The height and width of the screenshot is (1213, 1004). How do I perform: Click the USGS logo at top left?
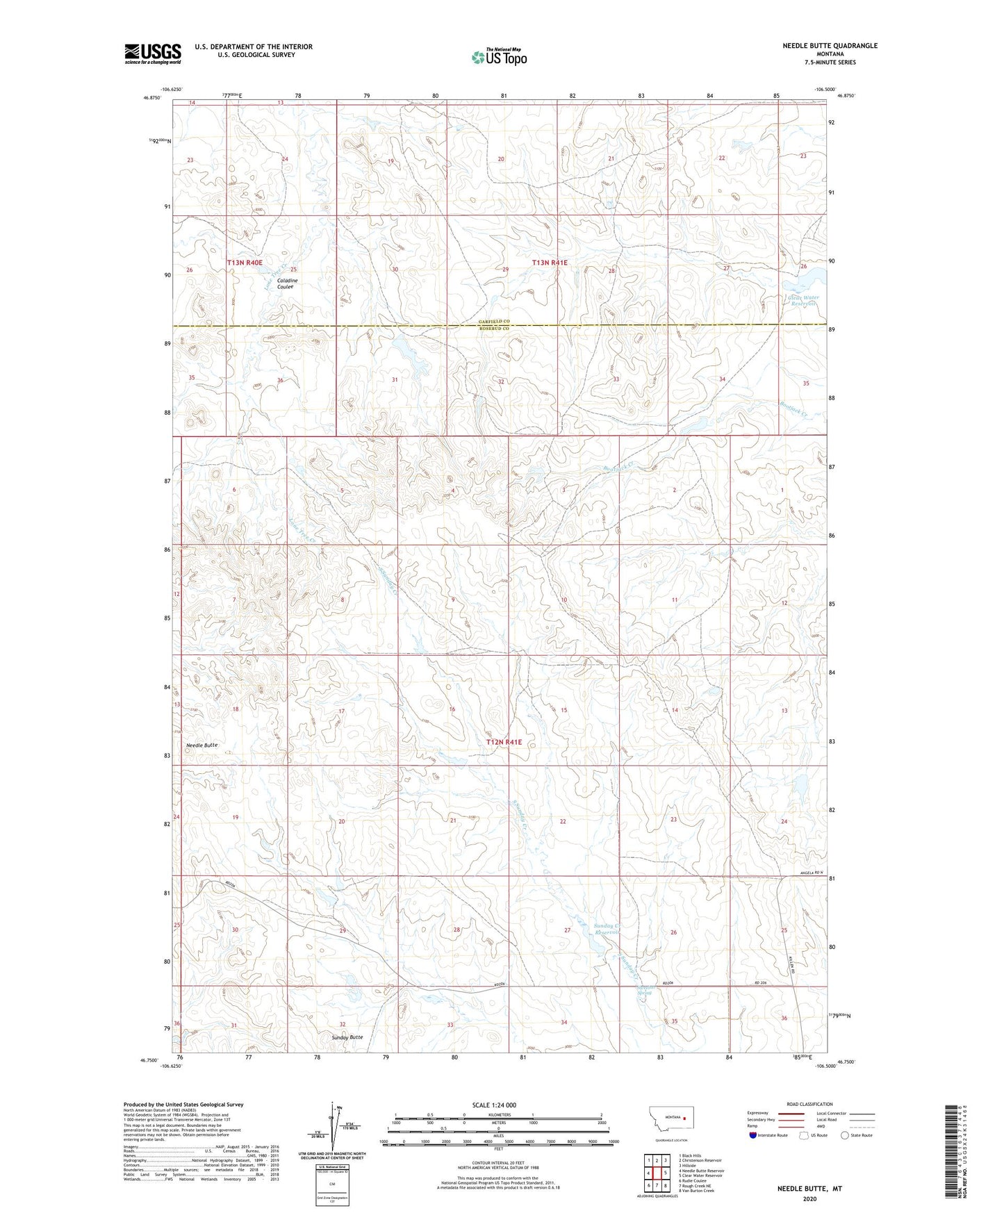[153, 53]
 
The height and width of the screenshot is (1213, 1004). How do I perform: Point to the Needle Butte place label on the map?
[202, 745]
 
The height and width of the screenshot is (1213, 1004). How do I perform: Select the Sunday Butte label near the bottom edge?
[345, 1037]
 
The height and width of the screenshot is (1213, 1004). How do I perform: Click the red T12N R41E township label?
[504, 742]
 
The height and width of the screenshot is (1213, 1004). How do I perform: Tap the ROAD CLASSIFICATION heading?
[810, 1104]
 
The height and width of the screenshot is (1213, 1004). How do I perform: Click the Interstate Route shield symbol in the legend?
[753, 1135]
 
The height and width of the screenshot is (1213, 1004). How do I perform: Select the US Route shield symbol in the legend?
[805, 1135]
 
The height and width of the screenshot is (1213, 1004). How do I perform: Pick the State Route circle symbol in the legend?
[845, 1135]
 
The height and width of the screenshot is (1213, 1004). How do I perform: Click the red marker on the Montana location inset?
[684, 1119]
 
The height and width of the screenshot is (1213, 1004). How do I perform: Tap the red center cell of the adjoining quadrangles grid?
[657, 1173]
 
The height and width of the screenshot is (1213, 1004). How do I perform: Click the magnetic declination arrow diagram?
[332, 1127]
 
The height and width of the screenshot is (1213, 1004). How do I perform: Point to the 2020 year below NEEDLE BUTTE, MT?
[809, 1198]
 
